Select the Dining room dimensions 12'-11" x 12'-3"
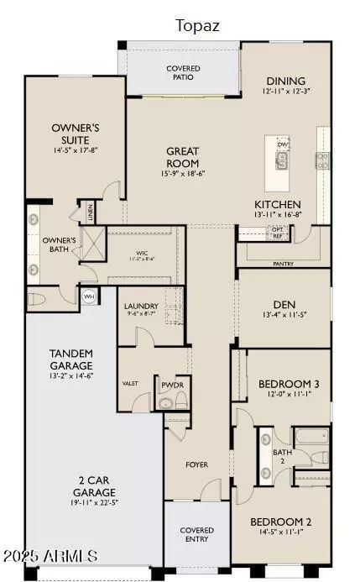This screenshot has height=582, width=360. (281, 90)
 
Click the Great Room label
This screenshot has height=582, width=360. (182, 158)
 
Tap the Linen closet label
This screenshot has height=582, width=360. (86, 210)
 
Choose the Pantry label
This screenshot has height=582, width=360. (283, 264)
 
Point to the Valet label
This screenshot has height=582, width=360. (130, 383)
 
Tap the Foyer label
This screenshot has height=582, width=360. (197, 464)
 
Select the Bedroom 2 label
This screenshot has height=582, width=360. (283, 521)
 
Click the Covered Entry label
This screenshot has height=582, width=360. (196, 535)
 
